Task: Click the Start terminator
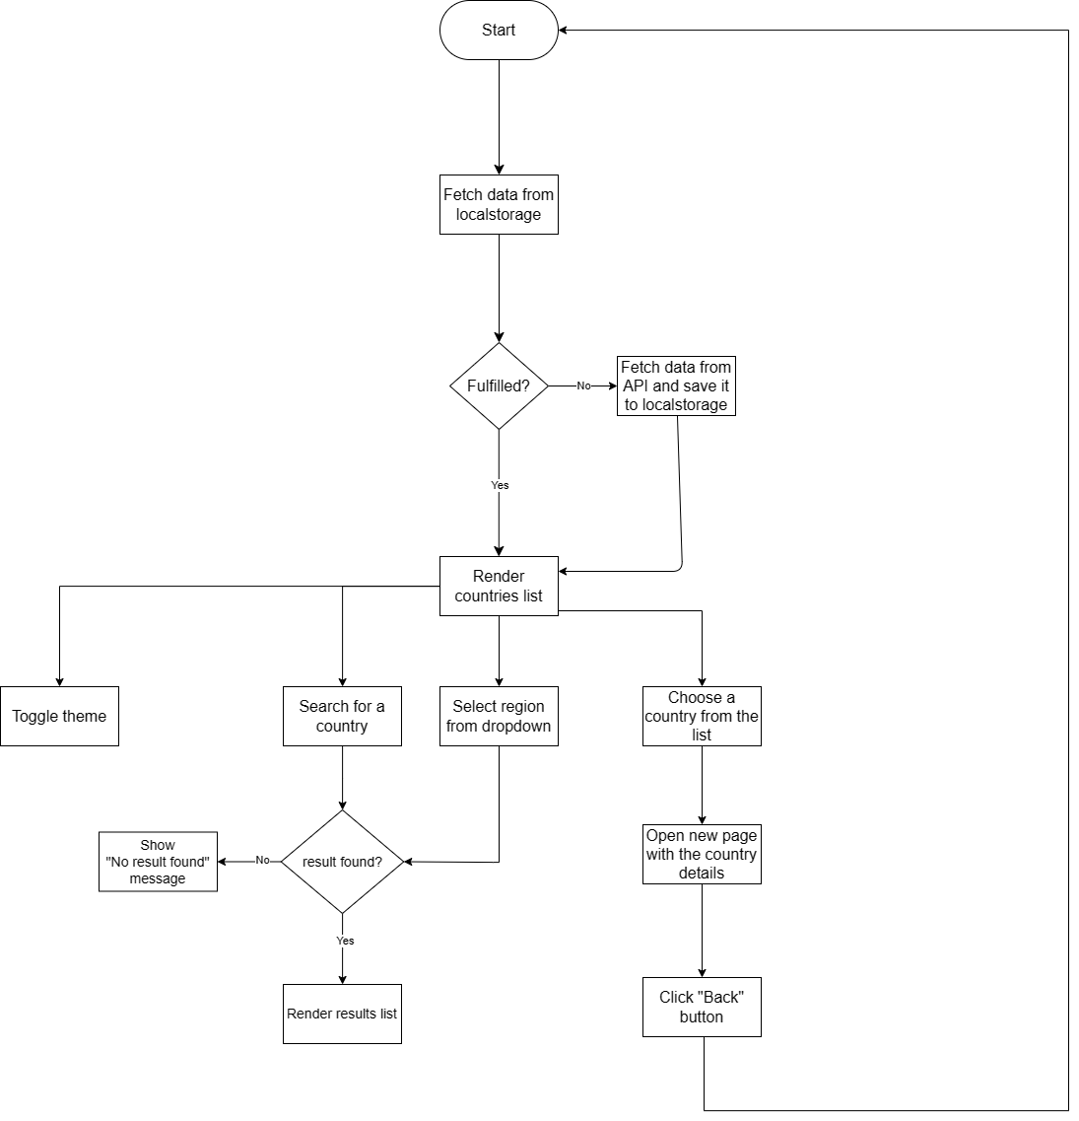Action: tap(499, 31)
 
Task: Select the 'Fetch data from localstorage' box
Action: tap(499, 204)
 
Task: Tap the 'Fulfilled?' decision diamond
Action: tap(499, 385)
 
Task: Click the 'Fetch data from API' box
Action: tap(676, 385)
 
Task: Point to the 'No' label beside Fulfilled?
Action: tap(583, 385)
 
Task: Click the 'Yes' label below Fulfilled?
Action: tap(500, 485)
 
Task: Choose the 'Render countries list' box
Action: tap(499, 586)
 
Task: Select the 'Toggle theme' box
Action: tap(59, 716)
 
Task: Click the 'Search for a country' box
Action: tap(342, 716)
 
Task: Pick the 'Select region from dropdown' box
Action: tap(499, 716)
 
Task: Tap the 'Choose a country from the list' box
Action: tap(702, 716)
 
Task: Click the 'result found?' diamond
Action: tap(342, 862)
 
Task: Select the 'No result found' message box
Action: tap(158, 862)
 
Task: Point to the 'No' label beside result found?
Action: tap(262, 860)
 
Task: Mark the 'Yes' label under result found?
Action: tap(345, 941)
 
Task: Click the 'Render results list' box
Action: tap(342, 1014)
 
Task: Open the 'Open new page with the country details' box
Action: tap(702, 854)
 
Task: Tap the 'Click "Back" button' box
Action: tap(702, 1007)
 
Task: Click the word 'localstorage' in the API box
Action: tap(685, 404)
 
